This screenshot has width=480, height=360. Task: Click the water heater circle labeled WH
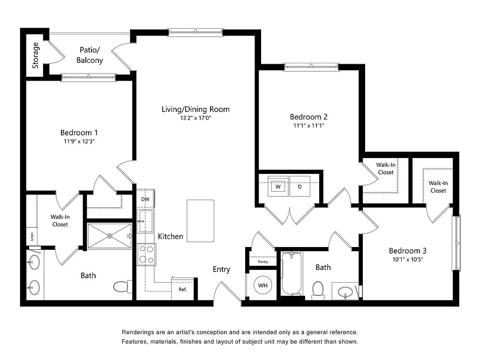(262, 285)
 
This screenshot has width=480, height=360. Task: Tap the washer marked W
(278, 186)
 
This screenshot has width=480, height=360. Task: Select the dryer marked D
(300, 186)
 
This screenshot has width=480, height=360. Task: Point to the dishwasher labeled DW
(145, 199)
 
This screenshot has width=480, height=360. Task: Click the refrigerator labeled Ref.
(182, 289)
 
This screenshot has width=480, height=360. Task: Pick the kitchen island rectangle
(201, 221)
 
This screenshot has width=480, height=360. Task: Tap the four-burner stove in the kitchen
(146, 254)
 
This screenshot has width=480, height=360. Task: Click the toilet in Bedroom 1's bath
(123, 287)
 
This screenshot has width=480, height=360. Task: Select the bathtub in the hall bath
(292, 273)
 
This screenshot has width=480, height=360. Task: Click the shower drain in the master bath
(109, 236)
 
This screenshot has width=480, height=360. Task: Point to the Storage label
(36, 55)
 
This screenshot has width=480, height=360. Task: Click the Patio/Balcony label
(90, 55)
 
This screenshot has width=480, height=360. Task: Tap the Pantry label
(263, 262)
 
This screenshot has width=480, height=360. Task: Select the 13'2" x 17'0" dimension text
(195, 118)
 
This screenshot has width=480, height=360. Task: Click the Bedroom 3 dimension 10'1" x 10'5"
(408, 260)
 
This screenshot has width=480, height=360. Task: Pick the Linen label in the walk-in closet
(32, 236)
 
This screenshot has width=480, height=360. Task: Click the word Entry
(221, 270)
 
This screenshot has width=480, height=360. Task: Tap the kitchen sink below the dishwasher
(145, 221)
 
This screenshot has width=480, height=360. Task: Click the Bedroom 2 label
(308, 117)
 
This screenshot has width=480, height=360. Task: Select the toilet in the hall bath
(318, 291)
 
